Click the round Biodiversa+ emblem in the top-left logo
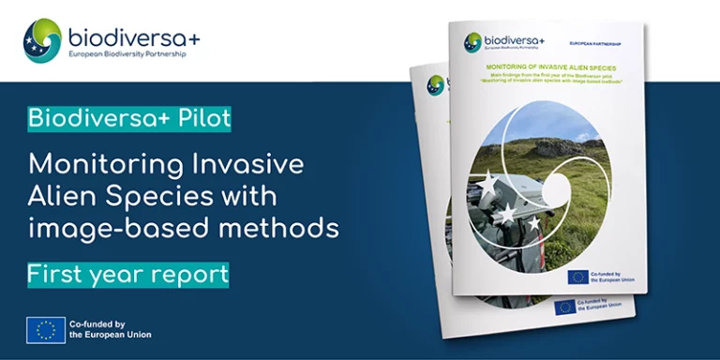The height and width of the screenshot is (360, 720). (42, 40)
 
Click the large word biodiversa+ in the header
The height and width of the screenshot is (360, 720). (133, 37)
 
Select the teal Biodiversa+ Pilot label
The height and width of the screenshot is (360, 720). (129, 119)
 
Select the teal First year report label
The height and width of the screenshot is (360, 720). (128, 274)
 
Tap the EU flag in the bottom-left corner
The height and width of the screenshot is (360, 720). (45, 329)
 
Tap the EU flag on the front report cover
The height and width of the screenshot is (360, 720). (577, 277)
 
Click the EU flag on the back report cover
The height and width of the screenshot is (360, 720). (564, 307)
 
